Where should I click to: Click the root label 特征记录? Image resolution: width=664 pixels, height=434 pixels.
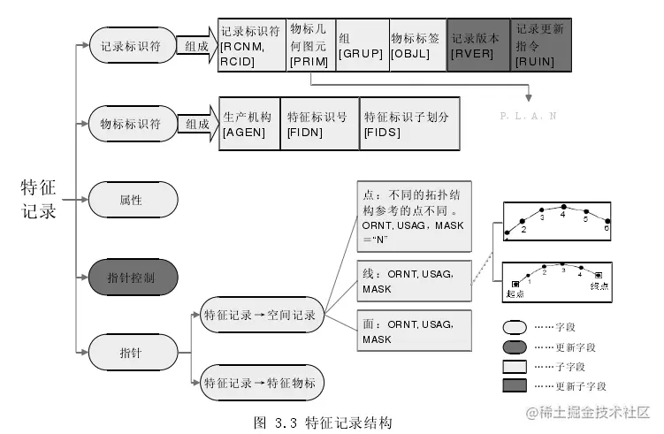pos(40,199)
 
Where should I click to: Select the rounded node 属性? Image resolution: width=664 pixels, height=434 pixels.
pos(133,200)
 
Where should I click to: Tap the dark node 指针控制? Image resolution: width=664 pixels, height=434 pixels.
pos(133,277)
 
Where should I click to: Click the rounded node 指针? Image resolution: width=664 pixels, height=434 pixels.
pos(133,352)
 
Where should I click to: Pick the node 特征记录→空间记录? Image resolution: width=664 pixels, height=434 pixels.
pos(261,314)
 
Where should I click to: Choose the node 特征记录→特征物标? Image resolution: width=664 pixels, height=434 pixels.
pos(261,384)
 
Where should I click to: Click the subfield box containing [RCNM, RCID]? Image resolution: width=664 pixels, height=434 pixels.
pos(252,44)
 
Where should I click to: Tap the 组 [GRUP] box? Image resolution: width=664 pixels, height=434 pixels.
pos(361,44)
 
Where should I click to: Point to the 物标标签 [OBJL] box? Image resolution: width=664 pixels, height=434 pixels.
pos(416,44)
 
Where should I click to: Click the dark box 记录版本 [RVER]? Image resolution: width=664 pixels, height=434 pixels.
pos(478,44)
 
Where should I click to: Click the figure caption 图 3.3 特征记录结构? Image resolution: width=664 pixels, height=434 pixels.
pos(322,422)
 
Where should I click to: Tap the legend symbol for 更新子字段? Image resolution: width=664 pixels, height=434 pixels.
pos(514,385)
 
